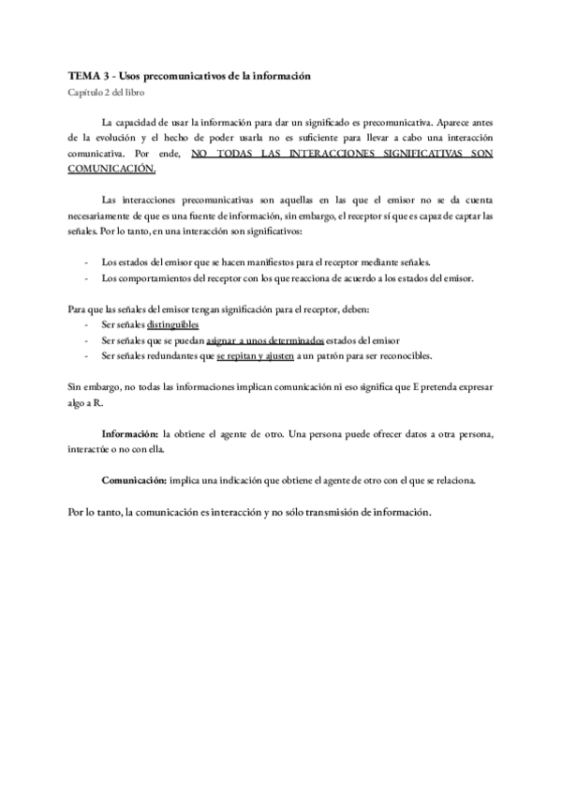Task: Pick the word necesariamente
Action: click(x=105, y=216)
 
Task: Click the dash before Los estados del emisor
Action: click(x=86, y=262)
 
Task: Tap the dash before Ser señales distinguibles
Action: click(x=86, y=324)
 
